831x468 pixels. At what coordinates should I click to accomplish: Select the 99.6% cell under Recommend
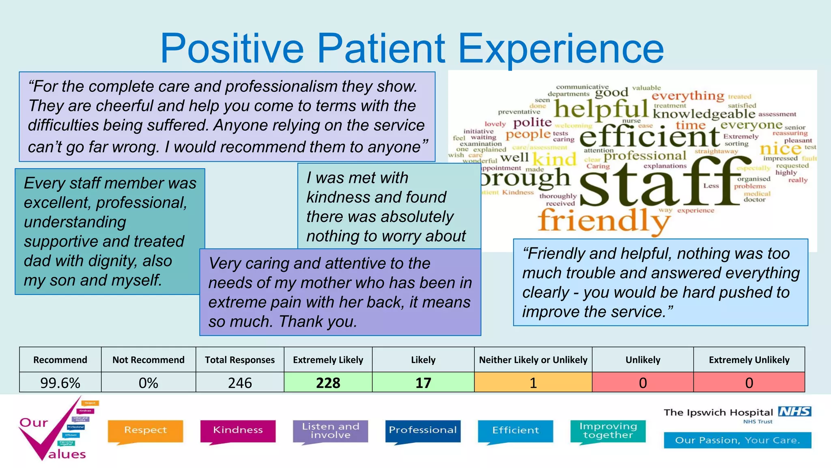point(60,383)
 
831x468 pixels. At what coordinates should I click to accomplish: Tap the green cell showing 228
point(328,383)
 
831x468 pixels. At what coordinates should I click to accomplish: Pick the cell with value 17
point(423,383)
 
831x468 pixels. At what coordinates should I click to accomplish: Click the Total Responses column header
point(239,360)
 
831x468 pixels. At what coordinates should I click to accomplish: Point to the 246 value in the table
point(239,383)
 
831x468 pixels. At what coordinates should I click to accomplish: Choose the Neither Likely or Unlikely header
point(533,360)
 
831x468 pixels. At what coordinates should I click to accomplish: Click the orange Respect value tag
point(145,431)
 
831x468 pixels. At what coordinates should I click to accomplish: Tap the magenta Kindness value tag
point(238,431)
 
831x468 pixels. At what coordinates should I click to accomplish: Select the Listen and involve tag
point(330,431)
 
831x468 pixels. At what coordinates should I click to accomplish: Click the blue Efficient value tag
point(515,431)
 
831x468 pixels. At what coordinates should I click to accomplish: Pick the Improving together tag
point(608,431)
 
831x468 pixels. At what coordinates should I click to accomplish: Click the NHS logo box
point(794,412)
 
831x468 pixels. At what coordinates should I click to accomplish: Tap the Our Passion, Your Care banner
point(737,440)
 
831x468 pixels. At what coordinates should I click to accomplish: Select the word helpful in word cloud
point(601,109)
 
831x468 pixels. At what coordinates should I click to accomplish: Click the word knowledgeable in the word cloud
point(704,114)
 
